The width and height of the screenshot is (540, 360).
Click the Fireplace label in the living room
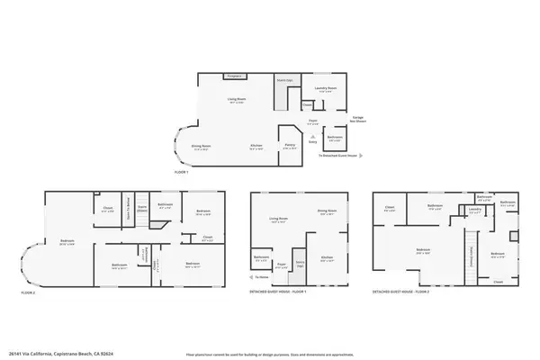(x=210, y=76)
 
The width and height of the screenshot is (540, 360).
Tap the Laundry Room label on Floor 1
(x=325, y=87)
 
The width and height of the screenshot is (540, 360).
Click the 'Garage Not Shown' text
(x=357, y=118)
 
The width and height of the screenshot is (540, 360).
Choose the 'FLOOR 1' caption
(x=183, y=171)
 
